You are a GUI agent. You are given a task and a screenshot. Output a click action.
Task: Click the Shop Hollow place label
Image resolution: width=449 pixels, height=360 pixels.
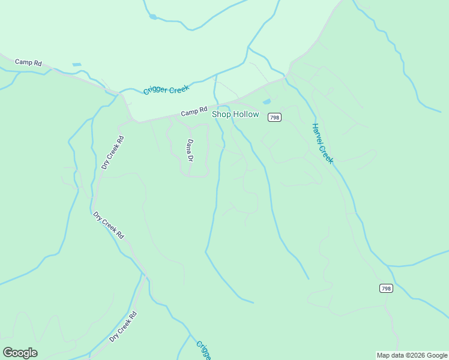click(235, 114)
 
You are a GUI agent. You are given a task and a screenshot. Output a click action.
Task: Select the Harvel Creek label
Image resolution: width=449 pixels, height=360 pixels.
click(322, 143)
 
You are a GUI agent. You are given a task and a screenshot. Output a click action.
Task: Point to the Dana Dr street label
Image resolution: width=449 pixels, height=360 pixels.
click(190, 150)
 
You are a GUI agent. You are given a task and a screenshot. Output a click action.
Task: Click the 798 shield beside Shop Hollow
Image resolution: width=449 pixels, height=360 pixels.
click(274, 117)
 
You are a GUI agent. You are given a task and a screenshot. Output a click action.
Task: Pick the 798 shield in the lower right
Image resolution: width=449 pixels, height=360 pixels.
click(386, 289)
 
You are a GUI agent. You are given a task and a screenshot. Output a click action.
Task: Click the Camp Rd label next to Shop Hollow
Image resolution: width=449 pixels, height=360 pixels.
click(193, 112)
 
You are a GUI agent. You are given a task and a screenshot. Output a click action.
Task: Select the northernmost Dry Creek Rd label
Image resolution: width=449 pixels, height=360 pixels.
click(112, 152)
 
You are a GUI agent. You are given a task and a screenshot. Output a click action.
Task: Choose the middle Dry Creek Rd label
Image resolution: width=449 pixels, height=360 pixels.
click(108, 225)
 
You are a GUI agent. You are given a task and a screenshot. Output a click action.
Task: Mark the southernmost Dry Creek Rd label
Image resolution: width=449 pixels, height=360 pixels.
click(124, 326)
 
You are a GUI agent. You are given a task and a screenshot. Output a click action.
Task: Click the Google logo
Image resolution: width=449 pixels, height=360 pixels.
click(20, 353)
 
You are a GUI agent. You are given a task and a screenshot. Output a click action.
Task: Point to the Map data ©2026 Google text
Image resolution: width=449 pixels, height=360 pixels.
click(412, 355)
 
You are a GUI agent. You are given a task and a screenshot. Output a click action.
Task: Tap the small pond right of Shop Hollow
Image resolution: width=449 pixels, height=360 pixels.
click(266, 102)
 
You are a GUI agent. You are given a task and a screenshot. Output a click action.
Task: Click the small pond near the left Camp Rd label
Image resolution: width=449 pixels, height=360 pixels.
click(76, 64)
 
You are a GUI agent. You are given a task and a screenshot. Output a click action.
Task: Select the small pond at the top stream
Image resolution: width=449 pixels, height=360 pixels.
click(153, 17)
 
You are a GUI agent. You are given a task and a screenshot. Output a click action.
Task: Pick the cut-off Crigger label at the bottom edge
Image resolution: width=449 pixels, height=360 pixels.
click(203, 350)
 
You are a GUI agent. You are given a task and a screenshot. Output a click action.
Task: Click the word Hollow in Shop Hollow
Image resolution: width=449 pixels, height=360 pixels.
click(246, 114)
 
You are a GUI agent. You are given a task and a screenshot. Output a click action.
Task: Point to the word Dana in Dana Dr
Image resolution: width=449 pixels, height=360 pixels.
click(190, 146)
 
